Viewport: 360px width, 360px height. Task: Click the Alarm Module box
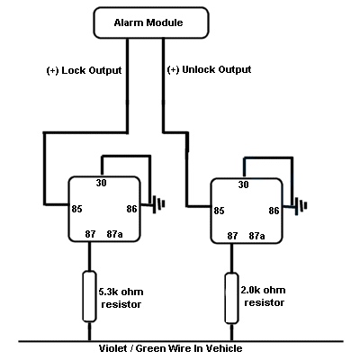153,23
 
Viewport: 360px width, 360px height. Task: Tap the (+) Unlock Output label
210,69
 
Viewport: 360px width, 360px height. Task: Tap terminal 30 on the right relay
243,185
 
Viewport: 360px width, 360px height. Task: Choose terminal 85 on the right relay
218,212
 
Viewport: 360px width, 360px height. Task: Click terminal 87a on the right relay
257,236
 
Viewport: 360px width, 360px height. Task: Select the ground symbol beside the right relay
301,206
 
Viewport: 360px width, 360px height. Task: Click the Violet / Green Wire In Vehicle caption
170,348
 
